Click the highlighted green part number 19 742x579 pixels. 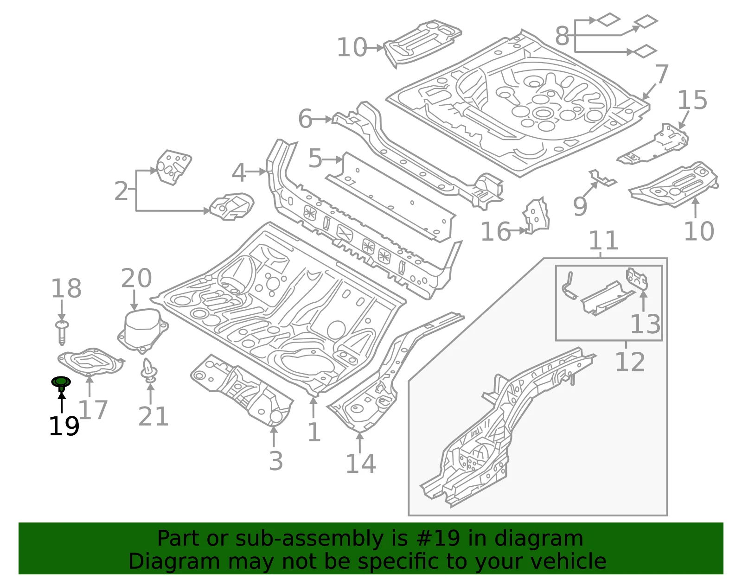[61, 383]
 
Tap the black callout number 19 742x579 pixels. [64, 426]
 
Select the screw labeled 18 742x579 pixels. [62, 332]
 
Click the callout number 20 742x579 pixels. [136, 278]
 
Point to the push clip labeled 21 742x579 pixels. [149, 370]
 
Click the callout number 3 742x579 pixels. [276, 461]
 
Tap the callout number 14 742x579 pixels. [361, 464]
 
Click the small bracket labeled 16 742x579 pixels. [536, 216]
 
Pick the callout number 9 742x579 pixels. [580, 206]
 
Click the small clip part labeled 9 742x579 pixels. [602, 178]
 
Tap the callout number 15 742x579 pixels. [692, 100]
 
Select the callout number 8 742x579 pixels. [563, 36]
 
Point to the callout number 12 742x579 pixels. [630, 362]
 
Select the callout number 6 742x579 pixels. [305, 119]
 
